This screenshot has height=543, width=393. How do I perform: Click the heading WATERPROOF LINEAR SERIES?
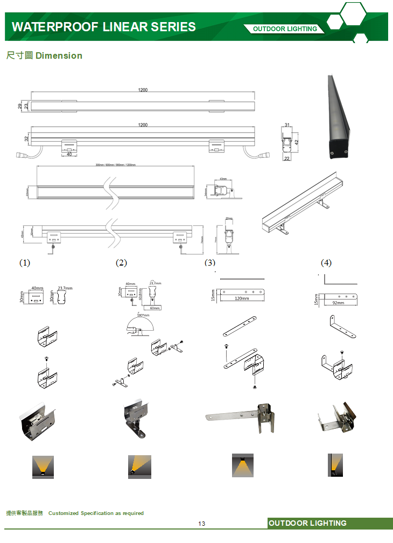[x=103, y=27]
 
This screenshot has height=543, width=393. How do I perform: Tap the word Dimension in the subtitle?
[x=59, y=55]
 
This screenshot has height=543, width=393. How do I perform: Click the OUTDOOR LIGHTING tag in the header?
[x=285, y=29]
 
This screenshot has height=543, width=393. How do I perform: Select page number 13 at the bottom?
[x=202, y=524]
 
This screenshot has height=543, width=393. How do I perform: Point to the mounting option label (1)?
[x=25, y=263]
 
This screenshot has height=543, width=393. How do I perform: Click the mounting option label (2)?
[x=121, y=263]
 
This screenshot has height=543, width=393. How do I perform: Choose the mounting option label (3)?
[x=210, y=263]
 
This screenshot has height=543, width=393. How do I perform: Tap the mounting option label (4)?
[x=326, y=263]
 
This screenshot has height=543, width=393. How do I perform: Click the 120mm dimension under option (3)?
[x=242, y=298]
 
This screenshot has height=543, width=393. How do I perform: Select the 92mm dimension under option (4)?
[x=338, y=303]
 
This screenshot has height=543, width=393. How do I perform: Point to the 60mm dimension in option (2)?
[x=155, y=308]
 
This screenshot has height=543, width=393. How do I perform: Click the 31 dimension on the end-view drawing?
[x=287, y=126]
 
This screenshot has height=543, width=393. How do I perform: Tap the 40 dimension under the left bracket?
[x=69, y=155]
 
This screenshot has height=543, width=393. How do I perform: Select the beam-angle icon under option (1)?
[x=43, y=466]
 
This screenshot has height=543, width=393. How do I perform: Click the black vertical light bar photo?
[x=339, y=117]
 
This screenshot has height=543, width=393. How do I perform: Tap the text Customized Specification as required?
[x=96, y=513]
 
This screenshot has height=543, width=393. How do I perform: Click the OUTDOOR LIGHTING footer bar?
[x=330, y=523]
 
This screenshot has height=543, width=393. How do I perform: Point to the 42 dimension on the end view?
[x=297, y=142]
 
